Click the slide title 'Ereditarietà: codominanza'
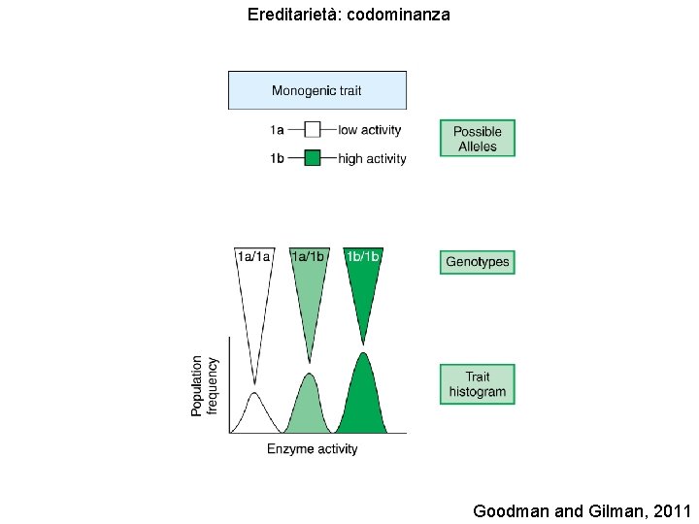(x=349, y=16)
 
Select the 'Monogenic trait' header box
(x=316, y=90)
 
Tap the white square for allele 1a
(x=313, y=129)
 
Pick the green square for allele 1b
(x=313, y=158)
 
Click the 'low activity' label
(x=369, y=130)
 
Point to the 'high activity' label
(x=372, y=159)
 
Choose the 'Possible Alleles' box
(x=477, y=139)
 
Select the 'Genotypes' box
(x=477, y=262)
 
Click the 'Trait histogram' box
(x=477, y=384)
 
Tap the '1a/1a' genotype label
(x=254, y=256)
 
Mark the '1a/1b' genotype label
(x=309, y=256)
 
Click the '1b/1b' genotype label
(x=363, y=256)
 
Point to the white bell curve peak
(x=254, y=395)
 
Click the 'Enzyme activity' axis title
(x=313, y=449)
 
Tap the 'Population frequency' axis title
(x=205, y=386)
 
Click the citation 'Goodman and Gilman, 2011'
(x=582, y=510)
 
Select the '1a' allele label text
(x=277, y=130)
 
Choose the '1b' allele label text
(x=277, y=159)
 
